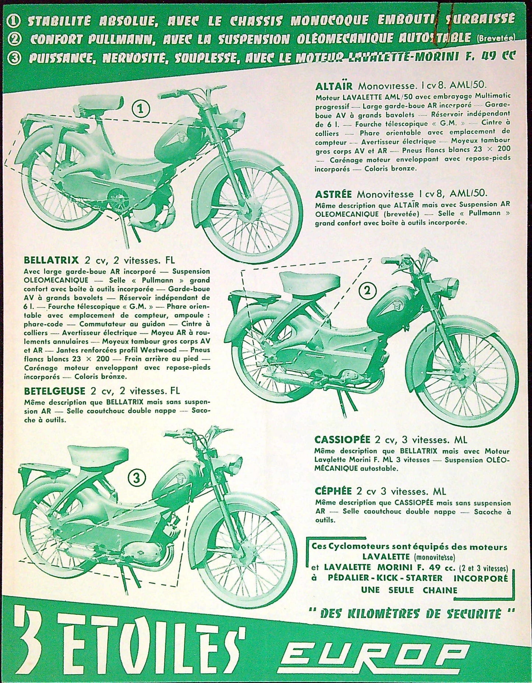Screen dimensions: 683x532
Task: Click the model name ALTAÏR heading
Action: point(334,86)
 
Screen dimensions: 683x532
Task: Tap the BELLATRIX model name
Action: point(51,260)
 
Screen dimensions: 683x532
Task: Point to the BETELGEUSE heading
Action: point(54,390)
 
